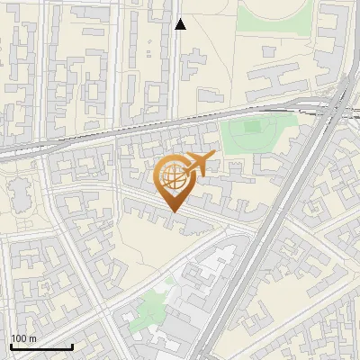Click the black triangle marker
[180, 24]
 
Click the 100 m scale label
[24, 338]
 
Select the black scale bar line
[41, 346]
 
